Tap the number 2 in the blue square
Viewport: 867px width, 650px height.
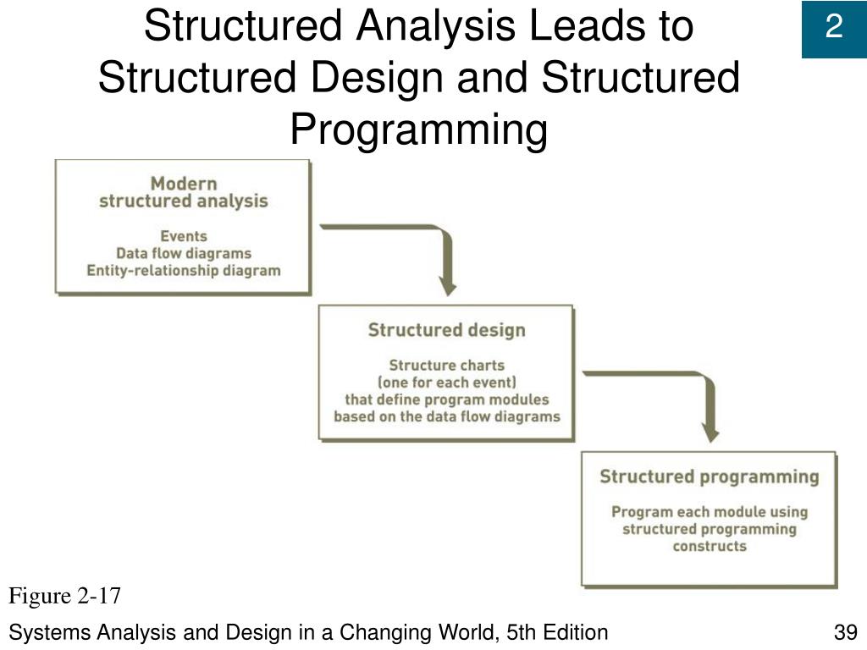click(x=834, y=28)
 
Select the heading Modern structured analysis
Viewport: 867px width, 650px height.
click(x=184, y=192)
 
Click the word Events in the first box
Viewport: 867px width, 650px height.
click(x=184, y=236)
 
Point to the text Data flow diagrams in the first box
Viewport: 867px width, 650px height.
click(x=184, y=253)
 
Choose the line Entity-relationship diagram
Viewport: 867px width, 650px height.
click(x=184, y=271)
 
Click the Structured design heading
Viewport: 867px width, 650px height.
click(x=446, y=330)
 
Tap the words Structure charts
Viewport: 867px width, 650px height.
click(x=446, y=366)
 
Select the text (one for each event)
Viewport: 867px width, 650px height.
click(x=446, y=383)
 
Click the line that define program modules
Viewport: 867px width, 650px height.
click(x=446, y=399)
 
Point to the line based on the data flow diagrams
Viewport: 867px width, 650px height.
click(x=446, y=416)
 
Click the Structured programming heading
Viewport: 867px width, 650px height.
click(x=710, y=476)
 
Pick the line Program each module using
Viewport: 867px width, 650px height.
click(x=710, y=512)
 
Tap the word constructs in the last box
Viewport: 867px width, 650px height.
click(x=710, y=547)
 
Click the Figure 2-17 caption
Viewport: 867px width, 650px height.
click(x=65, y=597)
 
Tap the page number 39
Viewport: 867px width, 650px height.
click(x=845, y=632)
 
